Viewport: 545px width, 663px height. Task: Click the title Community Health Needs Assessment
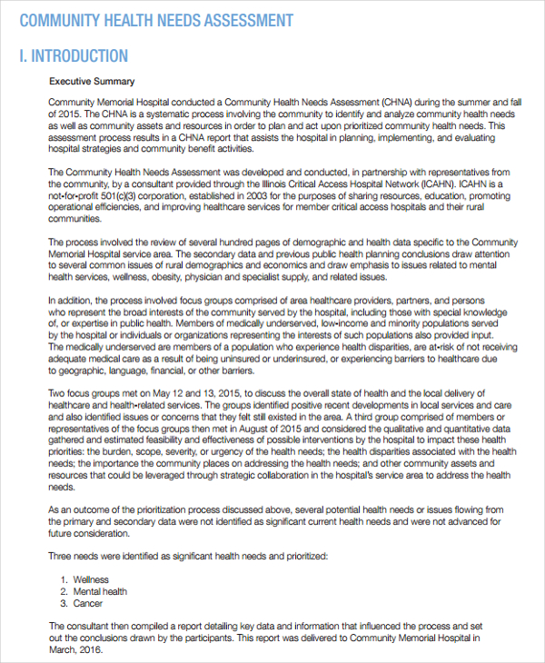tap(156, 20)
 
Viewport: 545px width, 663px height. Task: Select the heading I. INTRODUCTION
tap(74, 55)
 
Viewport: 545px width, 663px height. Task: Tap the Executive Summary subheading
tap(91, 82)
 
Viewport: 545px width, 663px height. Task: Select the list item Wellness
tap(92, 579)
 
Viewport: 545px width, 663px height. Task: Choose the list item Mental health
tap(101, 591)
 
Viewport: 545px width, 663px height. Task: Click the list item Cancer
tap(89, 603)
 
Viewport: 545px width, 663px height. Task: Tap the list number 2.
tap(64, 591)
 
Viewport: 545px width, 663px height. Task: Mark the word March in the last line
tap(62, 649)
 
